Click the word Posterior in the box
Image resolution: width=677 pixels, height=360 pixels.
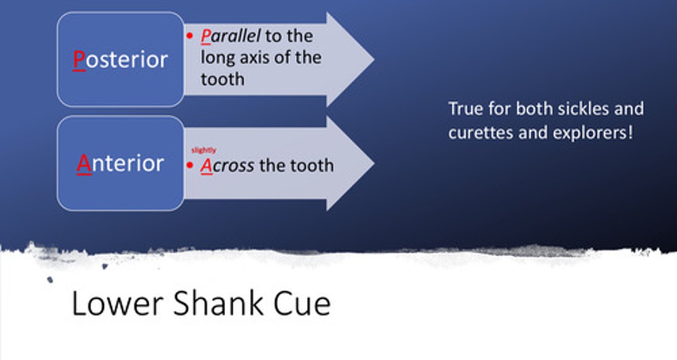click(120, 60)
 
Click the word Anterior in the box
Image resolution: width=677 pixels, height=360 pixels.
click(120, 163)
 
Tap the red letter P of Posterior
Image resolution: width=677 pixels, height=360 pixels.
click(79, 60)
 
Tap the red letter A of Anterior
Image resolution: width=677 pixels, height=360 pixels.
click(83, 163)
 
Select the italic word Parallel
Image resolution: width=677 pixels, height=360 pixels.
click(230, 36)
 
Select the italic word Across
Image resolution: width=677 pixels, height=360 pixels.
click(228, 165)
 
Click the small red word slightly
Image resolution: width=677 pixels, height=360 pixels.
click(204, 150)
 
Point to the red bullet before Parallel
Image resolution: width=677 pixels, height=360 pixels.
click(190, 36)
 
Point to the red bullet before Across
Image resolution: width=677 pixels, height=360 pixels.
click(190, 165)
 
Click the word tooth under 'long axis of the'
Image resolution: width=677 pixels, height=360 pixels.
click(222, 79)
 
